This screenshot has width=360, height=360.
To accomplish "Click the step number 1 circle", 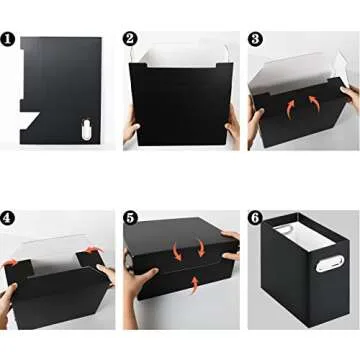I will pos(8,41).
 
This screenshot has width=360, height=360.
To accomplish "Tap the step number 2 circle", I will pos(129,39).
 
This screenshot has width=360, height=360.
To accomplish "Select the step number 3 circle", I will pos(256,39).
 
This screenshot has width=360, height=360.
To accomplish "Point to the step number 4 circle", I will pos(9,217).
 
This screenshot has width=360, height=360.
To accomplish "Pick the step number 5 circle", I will pos(131,217).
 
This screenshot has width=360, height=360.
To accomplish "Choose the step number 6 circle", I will pos(256,217).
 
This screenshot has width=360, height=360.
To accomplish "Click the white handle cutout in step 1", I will pos(86,128).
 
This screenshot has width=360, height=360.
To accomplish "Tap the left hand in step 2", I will pos(130,132).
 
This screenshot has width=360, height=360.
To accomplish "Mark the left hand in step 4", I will pos(10,300).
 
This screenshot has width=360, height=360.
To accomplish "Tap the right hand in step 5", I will pos(231,270).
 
